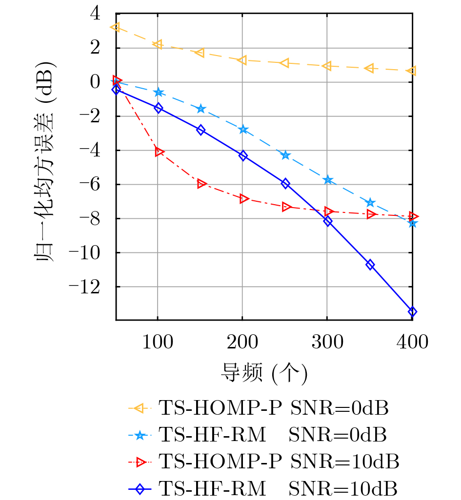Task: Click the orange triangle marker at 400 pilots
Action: click(x=412, y=71)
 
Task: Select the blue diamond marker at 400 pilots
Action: click(x=412, y=312)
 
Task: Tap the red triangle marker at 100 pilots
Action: click(x=159, y=152)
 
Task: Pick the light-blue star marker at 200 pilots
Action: click(x=243, y=130)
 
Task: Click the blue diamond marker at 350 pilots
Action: click(x=370, y=265)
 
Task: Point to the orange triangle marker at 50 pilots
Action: click(x=116, y=27)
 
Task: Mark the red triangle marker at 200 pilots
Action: click(x=244, y=198)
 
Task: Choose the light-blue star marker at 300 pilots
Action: click(x=328, y=180)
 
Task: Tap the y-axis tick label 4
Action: click(x=94, y=14)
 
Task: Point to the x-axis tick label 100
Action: click(x=158, y=342)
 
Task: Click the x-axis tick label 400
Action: click(x=412, y=342)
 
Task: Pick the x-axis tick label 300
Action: click(x=327, y=342)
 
